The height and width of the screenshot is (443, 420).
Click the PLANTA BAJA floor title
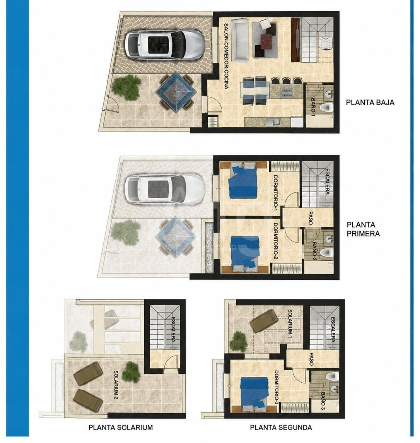pyautogui.click(x=370, y=102)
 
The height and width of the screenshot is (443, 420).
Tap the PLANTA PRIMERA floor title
pyautogui.click(x=363, y=229)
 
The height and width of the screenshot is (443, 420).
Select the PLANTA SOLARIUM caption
pyautogui.click(x=121, y=427)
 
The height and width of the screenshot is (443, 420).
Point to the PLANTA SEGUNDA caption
pyautogui.click(x=281, y=427)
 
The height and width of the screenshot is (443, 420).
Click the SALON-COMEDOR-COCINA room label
pyautogui.click(x=226, y=56)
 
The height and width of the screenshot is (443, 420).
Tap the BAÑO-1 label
pyautogui.click(x=313, y=107)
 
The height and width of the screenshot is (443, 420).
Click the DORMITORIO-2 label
pyautogui.click(x=275, y=242)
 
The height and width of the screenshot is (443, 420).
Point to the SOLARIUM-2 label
pyautogui.click(x=116, y=385)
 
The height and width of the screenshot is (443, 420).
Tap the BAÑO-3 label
pyautogui.click(x=323, y=401)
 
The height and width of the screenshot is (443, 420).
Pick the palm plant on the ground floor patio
pyautogui.click(x=126, y=87)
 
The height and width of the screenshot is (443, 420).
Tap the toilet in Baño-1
pyautogui.click(x=327, y=107)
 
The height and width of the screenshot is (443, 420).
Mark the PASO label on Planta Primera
pyautogui.click(x=311, y=218)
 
